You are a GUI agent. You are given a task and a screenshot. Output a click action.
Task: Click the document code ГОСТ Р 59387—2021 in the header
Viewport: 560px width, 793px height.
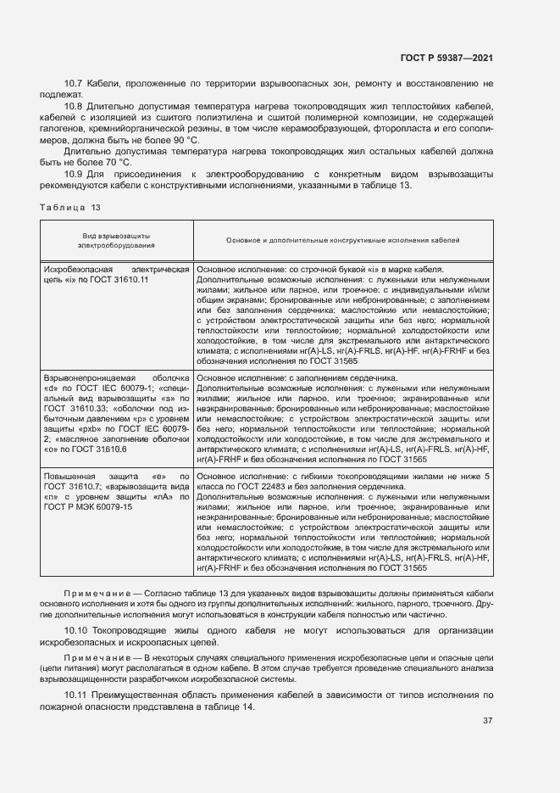(446, 58)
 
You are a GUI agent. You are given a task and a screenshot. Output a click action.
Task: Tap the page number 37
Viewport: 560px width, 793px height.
(487, 721)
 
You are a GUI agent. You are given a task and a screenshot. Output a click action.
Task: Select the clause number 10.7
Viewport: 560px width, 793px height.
(74, 83)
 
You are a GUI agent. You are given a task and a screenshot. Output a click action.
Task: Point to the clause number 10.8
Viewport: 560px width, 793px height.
(74, 105)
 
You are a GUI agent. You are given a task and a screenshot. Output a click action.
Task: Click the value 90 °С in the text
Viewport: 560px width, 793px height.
(185, 139)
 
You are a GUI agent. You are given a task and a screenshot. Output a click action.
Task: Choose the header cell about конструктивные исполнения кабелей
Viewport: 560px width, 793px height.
(343, 241)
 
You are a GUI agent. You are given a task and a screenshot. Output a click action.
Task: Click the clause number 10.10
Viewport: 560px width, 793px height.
(76, 632)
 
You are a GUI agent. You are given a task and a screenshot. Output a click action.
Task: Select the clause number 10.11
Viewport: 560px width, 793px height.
(76, 695)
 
